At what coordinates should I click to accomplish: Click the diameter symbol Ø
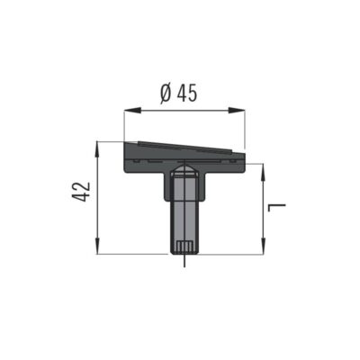point(166,93)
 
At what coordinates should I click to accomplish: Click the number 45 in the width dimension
point(186,93)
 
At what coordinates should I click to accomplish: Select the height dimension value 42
point(81,192)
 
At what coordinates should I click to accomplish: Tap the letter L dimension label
point(277,207)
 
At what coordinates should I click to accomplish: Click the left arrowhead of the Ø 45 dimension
point(132,111)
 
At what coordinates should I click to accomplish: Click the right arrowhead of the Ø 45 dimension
point(237,111)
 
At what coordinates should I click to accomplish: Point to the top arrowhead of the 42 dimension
point(97,149)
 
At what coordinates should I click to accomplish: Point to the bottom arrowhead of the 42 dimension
point(97,247)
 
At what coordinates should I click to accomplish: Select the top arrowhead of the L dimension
point(263,172)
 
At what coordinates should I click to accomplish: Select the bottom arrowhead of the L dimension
point(263,247)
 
